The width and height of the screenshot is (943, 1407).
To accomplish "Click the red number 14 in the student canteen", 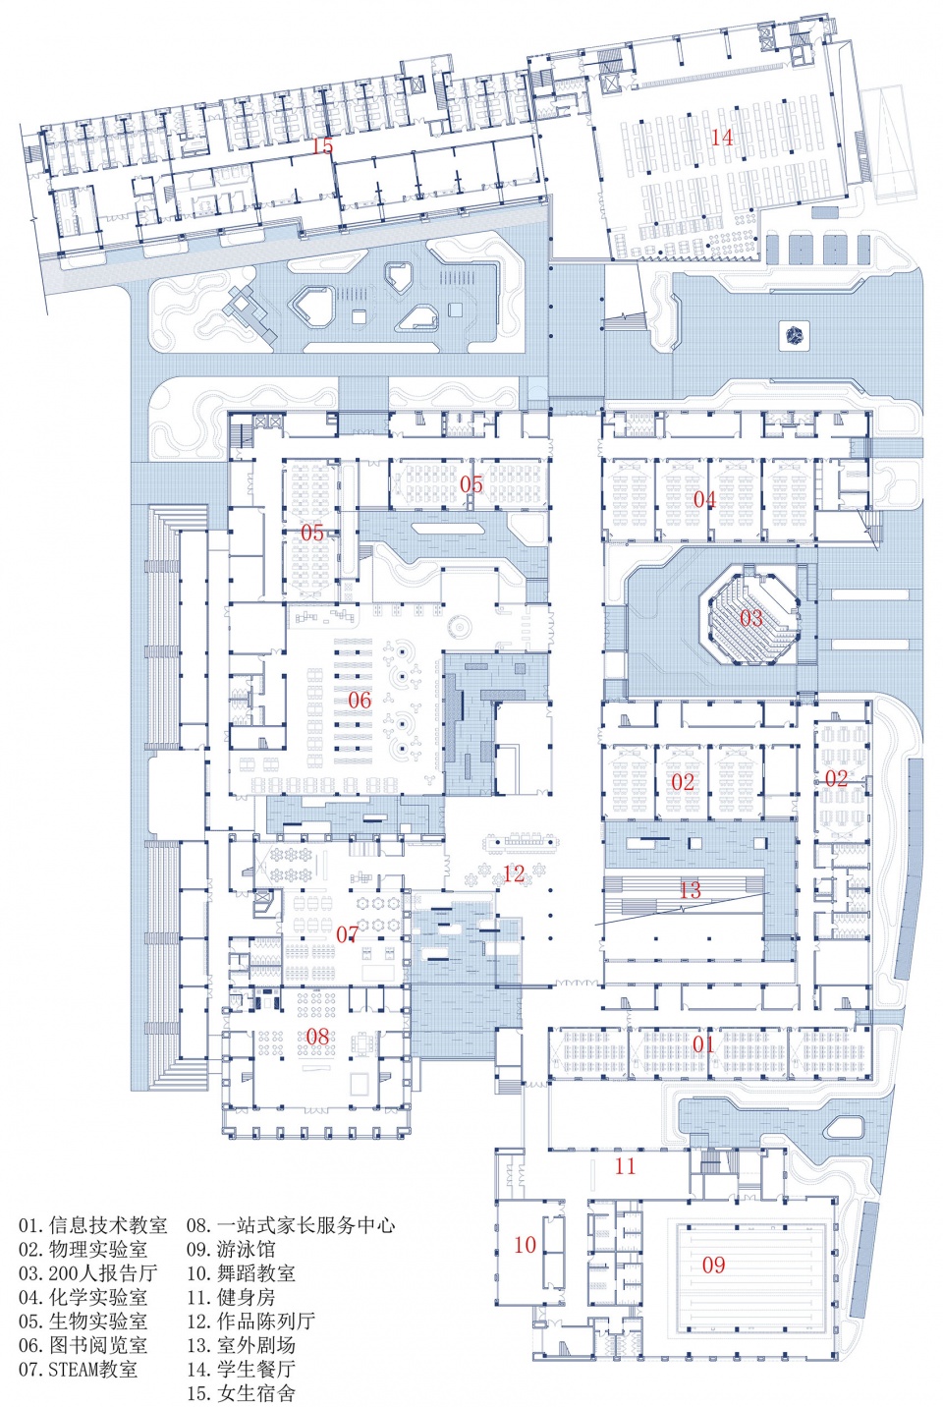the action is pos(722,137).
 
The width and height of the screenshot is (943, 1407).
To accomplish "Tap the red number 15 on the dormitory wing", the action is pos(322,146).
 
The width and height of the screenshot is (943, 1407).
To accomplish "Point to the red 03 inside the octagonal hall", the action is pos(750,618).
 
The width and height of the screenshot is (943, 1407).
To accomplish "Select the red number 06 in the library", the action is pos(360,700).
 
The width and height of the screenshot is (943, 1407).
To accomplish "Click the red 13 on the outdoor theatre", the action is pos(690,889).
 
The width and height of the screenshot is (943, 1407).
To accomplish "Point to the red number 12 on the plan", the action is pos(514,872).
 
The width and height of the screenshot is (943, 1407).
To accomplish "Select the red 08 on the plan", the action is pos(317,1036).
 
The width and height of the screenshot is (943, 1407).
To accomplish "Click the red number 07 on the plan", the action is pos(347,934).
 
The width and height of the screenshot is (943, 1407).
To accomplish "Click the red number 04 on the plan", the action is pos(704,499).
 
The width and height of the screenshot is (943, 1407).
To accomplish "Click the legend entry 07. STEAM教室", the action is pos(79,1369).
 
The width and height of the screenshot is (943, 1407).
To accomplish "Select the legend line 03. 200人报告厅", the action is pos(87,1272).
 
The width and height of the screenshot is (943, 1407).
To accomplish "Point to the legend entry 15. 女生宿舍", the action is pos(241,1392).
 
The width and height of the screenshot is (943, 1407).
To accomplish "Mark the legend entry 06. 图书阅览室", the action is pos(83,1345).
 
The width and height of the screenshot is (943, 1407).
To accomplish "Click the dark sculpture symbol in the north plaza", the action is pos(795,335).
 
